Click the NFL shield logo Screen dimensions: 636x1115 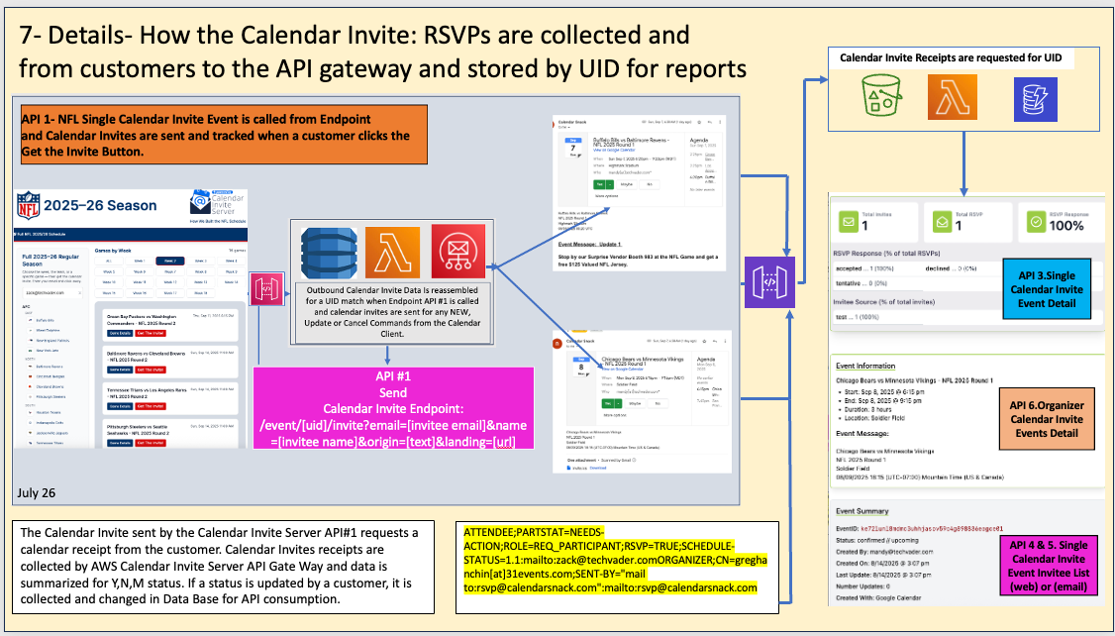click(x=31, y=205)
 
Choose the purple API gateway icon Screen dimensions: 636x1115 click(x=768, y=281)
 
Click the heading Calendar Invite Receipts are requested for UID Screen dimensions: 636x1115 click(x=951, y=58)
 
